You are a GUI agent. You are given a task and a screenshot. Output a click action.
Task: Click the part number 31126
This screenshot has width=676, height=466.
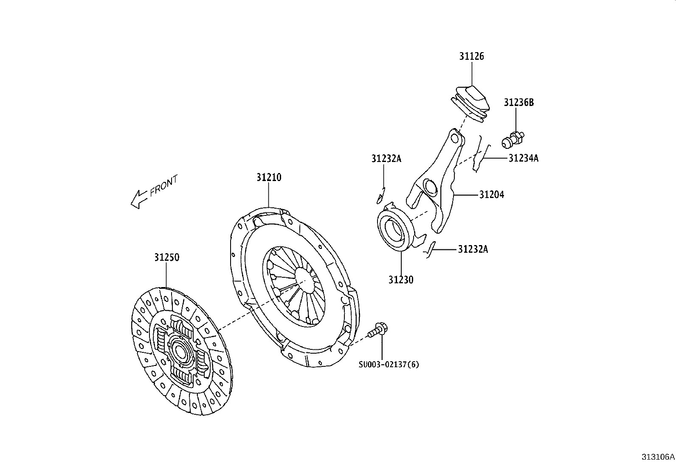[471, 56]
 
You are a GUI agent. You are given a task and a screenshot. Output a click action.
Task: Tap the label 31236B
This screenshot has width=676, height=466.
[518, 102]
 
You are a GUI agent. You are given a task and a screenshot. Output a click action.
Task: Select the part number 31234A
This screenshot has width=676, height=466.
[523, 158]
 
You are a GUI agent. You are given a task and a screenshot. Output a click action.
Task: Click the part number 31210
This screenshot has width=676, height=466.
[268, 177]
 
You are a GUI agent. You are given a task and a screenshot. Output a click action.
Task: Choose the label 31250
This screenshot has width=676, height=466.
[166, 257]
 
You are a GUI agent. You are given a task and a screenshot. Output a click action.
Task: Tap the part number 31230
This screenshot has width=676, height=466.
[400, 279]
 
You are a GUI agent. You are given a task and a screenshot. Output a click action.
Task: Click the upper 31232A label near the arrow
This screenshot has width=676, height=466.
[386, 159]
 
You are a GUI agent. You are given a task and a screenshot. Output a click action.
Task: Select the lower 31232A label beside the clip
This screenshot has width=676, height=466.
[473, 249]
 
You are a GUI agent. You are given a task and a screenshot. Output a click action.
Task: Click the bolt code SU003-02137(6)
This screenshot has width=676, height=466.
[389, 364]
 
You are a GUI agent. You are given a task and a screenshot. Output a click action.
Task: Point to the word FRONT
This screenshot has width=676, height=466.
[163, 186]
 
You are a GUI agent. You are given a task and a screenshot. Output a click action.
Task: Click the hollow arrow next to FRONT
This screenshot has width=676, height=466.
[138, 199]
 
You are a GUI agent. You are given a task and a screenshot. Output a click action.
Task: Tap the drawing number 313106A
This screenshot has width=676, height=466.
[657, 457]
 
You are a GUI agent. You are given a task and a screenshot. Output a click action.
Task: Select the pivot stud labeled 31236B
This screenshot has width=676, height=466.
[512, 140]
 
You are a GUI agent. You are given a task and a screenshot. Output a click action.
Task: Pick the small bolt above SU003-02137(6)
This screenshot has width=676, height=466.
[378, 330]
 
